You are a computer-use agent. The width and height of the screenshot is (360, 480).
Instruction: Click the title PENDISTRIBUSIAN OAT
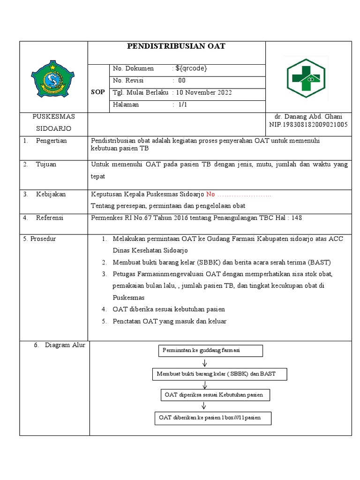(x=176, y=46)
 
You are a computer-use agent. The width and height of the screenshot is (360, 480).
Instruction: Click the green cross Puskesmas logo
(x=306, y=78)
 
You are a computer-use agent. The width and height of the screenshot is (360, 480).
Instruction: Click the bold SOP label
(x=97, y=92)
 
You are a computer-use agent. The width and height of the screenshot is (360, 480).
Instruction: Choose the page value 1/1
(x=182, y=105)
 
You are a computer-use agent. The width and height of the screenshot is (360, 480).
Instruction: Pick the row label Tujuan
(x=46, y=164)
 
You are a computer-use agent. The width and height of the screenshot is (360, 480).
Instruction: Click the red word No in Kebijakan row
(x=210, y=194)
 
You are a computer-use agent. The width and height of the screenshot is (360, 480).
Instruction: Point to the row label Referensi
(x=50, y=218)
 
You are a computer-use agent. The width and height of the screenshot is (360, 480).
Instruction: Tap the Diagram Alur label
(x=65, y=345)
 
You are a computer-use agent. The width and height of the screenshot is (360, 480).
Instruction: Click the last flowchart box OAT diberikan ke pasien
(x=213, y=418)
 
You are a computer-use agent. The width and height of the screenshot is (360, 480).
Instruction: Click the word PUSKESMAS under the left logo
(x=53, y=116)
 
